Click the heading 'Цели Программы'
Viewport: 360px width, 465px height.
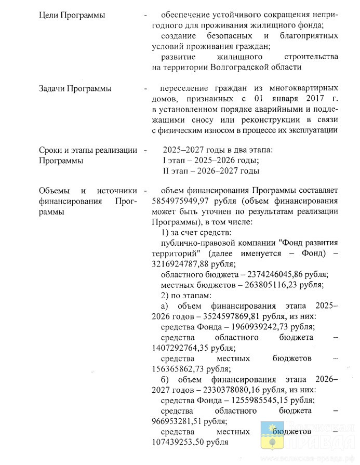(x=72, y=15)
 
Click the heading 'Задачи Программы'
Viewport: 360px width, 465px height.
(x=75, y=88)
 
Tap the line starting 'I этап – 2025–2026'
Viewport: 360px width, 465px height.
(x=211, y=161)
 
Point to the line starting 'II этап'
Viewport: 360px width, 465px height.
(x=211, y=171)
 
